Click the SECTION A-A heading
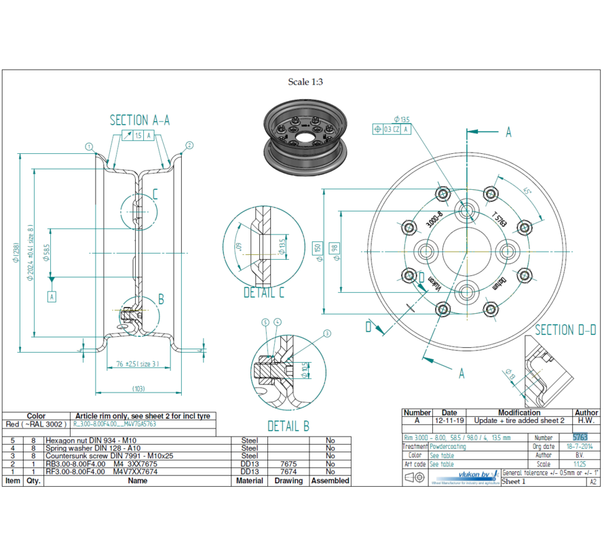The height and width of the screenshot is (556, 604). (x=140, y=120)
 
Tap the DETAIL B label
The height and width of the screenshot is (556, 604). (x=288, y=426)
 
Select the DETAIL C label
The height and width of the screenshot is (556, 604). (x=264, y=292)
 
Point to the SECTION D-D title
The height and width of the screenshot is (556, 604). (x=565, y=330)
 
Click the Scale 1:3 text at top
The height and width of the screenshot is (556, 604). (x=305, y=82)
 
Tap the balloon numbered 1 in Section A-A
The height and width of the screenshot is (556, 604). (x=89, y=146)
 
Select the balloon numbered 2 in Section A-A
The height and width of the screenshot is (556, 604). (x=189, y=145)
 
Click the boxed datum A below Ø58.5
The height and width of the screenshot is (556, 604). (x=52, y=296)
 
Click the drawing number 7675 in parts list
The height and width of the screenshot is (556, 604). (x=288, y=464)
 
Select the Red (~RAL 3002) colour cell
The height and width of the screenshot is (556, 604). (x=36, y=424)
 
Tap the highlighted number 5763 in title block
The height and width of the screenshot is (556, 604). (x=580, y=438)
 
